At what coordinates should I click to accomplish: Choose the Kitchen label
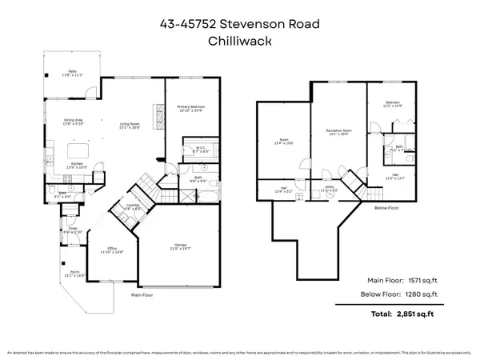77,164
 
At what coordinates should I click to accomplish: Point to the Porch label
73,274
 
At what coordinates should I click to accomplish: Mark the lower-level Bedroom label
390,103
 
